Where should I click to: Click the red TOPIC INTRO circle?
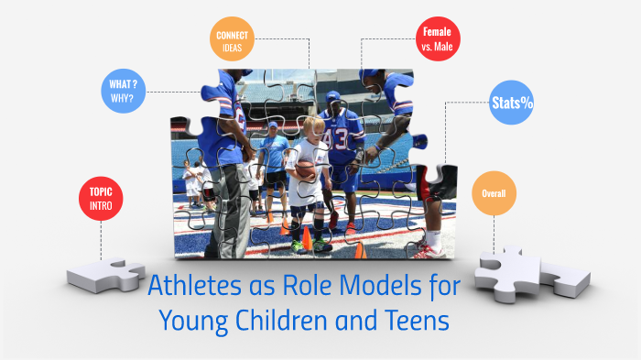click(100, 198)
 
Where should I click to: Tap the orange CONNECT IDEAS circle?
click(232, 41)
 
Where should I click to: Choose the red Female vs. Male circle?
click(438, 39)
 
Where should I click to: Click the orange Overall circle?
click(494, 193)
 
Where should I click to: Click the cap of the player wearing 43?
click(332, 95)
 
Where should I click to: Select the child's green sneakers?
click(307, 245)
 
